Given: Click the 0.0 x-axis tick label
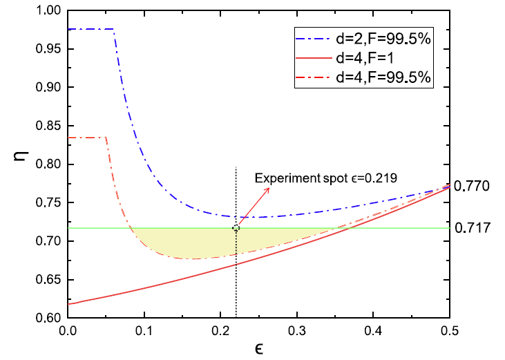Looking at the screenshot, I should [68, 331].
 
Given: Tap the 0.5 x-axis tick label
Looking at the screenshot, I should [450, 331].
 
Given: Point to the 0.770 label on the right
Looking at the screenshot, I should [473, 186].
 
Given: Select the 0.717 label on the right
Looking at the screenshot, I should [473, 227].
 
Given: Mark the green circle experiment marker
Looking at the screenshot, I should [236, 228].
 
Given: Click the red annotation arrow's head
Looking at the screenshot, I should [239, 224].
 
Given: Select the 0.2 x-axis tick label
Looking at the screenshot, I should [220, 331].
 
